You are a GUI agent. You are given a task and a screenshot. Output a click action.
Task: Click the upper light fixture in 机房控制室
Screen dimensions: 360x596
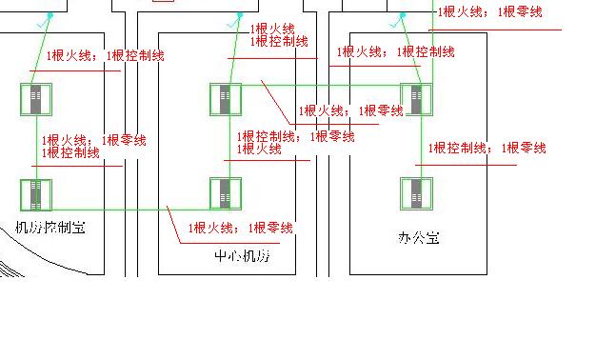(36, 99)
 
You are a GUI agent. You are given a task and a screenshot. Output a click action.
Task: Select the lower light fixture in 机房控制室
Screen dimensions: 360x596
(36, 193)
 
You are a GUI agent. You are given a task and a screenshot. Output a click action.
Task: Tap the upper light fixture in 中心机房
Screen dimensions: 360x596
(226, 99)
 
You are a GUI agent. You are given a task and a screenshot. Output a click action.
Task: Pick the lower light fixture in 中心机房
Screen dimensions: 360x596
(226, 193)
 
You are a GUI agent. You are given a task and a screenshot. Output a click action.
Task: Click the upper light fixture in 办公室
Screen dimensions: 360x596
(416, 99)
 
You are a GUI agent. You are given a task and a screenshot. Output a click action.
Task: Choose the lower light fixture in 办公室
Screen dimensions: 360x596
(416, 193)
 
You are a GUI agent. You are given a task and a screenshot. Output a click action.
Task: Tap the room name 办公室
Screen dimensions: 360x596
(419, 237)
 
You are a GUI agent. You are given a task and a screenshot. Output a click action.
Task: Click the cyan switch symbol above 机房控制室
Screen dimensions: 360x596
(50, 16)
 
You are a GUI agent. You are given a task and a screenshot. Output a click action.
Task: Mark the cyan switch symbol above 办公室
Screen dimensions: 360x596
(403, 16)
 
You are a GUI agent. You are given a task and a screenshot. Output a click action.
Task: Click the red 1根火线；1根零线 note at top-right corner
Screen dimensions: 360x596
(489, 12)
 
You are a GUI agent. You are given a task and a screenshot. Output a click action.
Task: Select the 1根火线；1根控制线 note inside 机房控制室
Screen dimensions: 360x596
(105, 56)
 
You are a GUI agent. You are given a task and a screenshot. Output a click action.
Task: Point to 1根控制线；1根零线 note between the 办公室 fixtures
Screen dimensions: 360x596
(487, 149)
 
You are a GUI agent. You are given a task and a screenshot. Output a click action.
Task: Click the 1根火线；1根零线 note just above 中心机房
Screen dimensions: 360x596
(241, 228)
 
